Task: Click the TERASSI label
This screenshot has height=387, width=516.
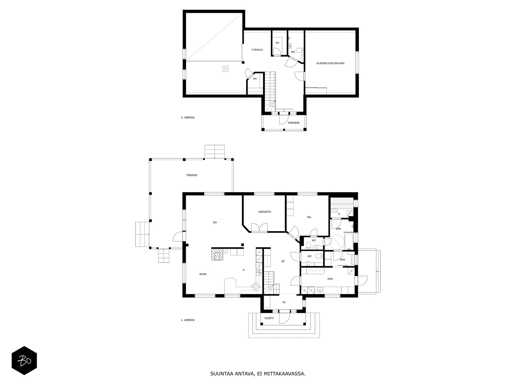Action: pyautogui.click(x=192, y=175)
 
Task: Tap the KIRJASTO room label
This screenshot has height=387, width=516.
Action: pyautogui.click(x=264, y=212)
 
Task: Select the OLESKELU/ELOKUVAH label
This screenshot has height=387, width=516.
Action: pyautogui.click(x=330, y=63)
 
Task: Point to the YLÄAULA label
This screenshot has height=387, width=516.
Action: pyautogui.click(x=257, y=50)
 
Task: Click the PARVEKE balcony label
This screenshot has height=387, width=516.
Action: pyautogui.click(x=293, y=123)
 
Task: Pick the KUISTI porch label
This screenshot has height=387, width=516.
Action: pyautogui.click(x=269, y=318)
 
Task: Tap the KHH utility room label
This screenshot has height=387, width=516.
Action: pyautogui.click(x=330, y=279)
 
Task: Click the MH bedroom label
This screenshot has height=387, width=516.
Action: pyautogui.click(x=309, y=217)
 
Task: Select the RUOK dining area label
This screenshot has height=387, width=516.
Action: pyautogui.click(x=203, y=274)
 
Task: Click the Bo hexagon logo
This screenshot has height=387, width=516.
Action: pyautogui.click(x=24, y=360)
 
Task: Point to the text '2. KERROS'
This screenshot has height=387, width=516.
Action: pyautogui.click(x=188, y=117)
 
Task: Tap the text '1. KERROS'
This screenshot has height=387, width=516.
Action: pyautogui.click(x=188, y=320)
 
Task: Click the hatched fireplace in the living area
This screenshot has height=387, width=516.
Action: pyautogui.click(x=217, y=254)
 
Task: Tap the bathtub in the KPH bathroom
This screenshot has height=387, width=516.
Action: pyautogui.click(x=348, y=241)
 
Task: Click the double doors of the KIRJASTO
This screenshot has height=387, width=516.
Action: pyautogui.click(x=259, y=227)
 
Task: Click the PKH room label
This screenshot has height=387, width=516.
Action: pyautogui.click(x=342, y=260)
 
